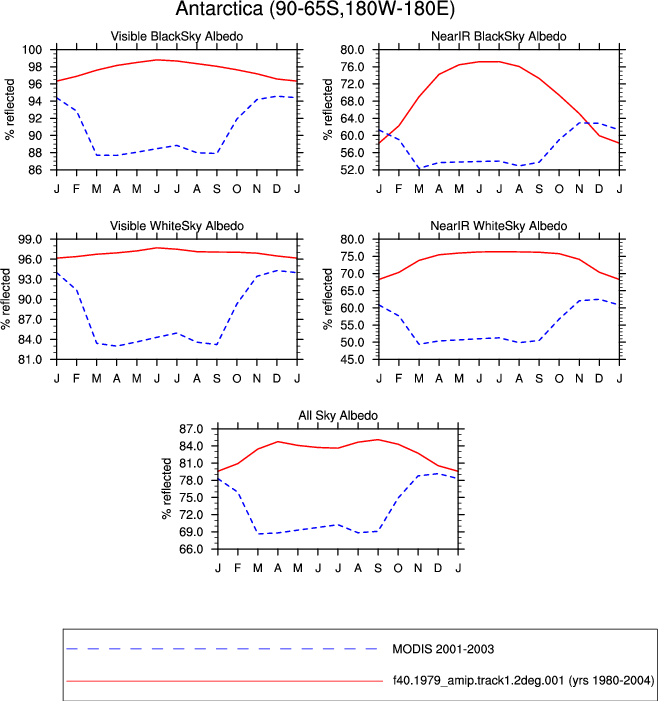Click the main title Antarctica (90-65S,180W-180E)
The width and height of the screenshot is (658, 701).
click(x=315, y=9)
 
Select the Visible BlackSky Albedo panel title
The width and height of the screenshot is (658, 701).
click(x=177, y=36)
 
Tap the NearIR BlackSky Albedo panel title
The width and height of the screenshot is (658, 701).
click(x=498, y=36)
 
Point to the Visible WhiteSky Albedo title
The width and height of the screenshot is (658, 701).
click(x=177, y=226)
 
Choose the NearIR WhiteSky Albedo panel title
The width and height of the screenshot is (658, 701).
click(x=498, y=226)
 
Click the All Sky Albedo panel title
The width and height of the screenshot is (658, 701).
click(x=338, y=415)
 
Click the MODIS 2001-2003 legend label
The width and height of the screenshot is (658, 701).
click(x=443, y=649)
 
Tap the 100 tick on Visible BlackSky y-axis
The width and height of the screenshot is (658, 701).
click(x=32, y=50)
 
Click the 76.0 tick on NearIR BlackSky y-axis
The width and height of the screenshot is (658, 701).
click(x=352, y=67)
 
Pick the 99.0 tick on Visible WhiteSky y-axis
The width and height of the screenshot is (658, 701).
click(x=30, y=239)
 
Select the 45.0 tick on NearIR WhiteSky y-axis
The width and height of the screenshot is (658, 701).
click(x=352, y=359)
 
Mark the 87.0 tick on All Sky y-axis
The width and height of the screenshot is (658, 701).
click(x=191, y=429)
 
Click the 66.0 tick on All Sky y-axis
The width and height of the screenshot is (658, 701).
click(x=191, y=549)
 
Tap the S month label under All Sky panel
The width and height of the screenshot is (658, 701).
click(x=378, y=568)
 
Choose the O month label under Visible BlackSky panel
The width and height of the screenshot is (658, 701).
click(x=236, y=189)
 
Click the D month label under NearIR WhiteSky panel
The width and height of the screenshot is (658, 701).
click(x=599, y=379)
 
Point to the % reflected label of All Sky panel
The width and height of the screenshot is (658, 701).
click(x=167, y=488)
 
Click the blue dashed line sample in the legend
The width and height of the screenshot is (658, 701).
click(x=222, y=649)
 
